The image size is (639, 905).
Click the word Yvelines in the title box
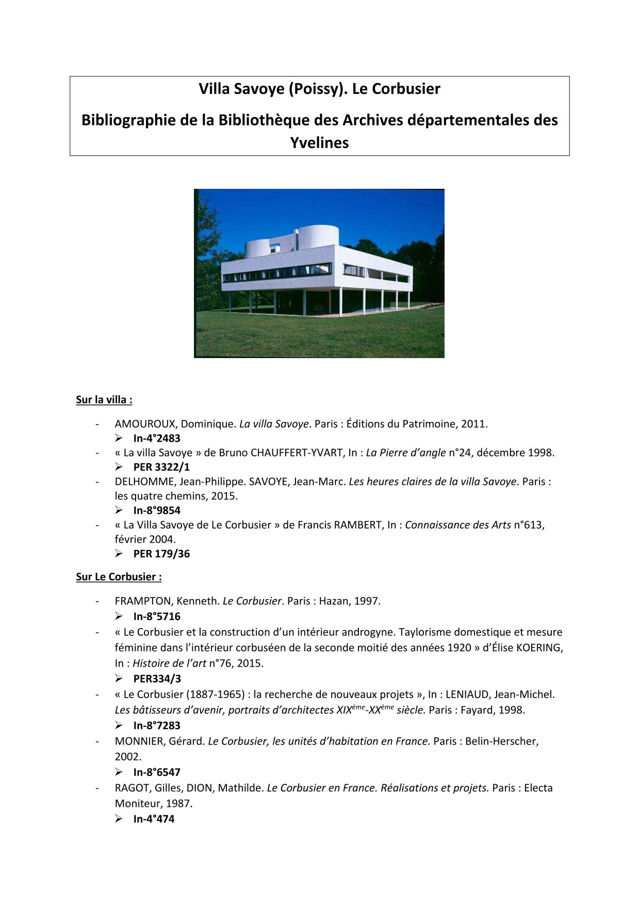tap(319, 142)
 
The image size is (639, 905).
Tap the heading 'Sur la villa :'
tap(104, 399)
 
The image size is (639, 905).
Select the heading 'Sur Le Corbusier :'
tap(119, 576)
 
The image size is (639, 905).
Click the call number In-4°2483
tap(157, 438)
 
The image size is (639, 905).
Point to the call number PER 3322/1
tap(161, 467)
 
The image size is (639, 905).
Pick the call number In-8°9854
tap(157, 510)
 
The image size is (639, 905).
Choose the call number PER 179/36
tap(161, 554)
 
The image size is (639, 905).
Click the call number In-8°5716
tap(157, 616)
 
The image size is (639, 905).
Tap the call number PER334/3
tap(157, 678)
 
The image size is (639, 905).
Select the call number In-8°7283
tap(157, 725)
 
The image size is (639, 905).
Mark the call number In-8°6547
tap(157, 772)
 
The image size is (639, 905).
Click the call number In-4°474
tap(154, 819)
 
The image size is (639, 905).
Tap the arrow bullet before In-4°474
tap(119, 819)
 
